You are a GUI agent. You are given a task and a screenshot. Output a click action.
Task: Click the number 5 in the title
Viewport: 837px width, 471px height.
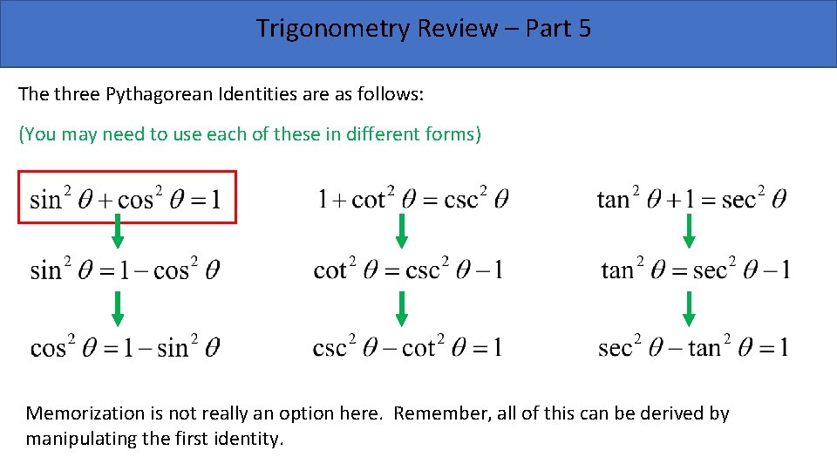(x=583, y=29)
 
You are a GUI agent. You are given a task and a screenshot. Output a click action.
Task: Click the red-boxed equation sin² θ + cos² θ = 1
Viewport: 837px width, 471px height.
(x=126, y=199)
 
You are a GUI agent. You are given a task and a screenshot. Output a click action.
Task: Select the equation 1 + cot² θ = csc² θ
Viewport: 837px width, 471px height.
(x=413, y=199)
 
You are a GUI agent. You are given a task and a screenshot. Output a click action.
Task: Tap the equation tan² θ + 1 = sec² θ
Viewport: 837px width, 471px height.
(x=691, y=199)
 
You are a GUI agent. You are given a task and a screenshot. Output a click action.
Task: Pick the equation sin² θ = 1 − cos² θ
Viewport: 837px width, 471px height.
(x=125, y=270)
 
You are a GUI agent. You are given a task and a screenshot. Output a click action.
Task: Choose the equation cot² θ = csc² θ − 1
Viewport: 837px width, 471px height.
(x=408, y=270)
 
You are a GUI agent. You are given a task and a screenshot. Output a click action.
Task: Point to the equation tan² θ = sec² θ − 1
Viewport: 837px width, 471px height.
(x=696, y=270)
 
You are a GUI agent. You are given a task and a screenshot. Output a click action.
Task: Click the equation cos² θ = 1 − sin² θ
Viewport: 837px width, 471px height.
(x=125, y=348)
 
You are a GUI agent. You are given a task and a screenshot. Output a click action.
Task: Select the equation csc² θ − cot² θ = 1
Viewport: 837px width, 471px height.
(x=407, y=348)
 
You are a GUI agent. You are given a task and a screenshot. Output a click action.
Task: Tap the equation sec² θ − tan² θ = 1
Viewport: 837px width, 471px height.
(x=694, y=348)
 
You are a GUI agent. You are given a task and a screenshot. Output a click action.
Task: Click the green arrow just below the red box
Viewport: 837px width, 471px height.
(x=118, y=231)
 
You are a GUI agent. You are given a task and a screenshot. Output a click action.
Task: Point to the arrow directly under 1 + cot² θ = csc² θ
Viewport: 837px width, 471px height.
(x=402, y=231)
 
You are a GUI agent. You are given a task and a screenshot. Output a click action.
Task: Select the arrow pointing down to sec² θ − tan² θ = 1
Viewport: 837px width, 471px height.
(x=688, y=309)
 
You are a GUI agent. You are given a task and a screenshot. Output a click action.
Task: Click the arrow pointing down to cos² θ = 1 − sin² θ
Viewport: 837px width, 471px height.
(x=118, y=309)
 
